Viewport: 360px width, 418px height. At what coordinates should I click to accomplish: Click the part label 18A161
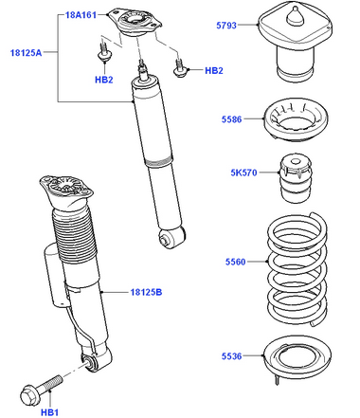coord(81,15)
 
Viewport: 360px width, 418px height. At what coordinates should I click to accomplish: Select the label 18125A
coord(26,52)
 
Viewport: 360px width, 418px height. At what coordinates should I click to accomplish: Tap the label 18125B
coord(146,292)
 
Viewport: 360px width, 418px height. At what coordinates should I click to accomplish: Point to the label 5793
coord(226,26)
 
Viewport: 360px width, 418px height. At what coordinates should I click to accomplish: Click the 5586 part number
coord(231,119)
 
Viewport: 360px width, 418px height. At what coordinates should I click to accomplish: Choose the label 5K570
coord(243,173)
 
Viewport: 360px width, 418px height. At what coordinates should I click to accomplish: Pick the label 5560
coord(235,262)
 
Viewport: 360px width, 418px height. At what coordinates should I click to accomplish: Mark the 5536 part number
coord(231,356)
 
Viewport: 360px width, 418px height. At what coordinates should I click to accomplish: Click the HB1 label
coord(49,412)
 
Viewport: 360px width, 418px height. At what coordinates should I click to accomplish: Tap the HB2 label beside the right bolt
coord(214,70)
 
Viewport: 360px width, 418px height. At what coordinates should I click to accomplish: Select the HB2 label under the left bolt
coord(104,80)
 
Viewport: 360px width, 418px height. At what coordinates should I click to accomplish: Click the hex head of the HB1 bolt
coord(28,394)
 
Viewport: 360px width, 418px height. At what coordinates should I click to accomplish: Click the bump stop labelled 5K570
coord(296,179)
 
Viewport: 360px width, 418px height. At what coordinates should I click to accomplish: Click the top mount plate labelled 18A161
coord(135,23)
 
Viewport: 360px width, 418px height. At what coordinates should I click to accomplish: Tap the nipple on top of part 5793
coord(296,16)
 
